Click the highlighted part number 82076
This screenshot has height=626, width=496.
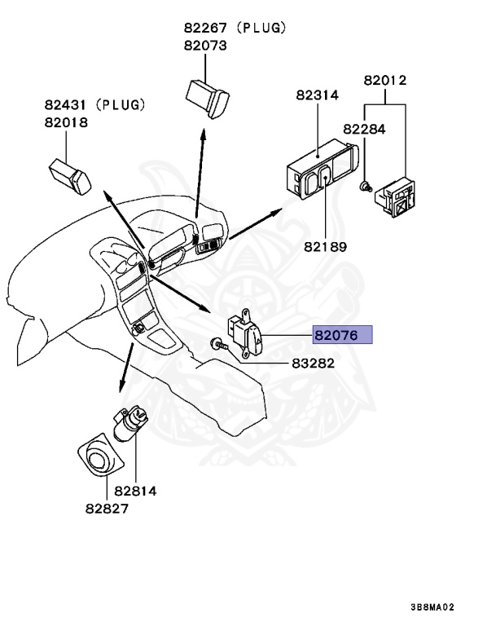coord(342,335)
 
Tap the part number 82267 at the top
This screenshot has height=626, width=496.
coord(205,28)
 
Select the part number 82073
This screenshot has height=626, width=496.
coord(205,46)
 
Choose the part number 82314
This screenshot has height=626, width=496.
coord(318,95)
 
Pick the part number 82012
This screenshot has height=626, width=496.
coord(385,81)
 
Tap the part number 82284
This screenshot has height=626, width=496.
coord(364,129)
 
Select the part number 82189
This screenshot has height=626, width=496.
coord(325,246)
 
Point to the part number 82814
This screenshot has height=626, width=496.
coord(135,491)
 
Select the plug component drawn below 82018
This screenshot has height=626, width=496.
coord(69,173)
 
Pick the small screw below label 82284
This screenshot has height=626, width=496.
coord(366,187)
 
